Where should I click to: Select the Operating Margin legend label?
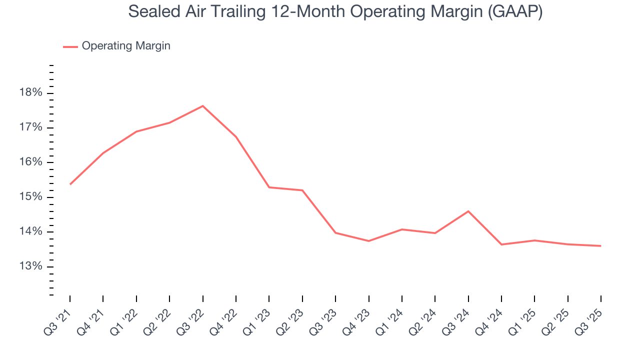tap(126, 46)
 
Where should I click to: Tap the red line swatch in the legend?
tap(70, 46)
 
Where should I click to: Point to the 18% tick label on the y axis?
tap(31, 93)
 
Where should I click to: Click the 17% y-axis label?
tap(31, 128)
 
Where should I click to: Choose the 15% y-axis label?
tap(31, 197)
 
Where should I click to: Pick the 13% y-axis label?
tap(31, 266)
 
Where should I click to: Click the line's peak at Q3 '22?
tap(202, 105)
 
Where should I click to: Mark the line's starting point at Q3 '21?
tap(70, 184)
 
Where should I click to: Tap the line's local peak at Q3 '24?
tap(468, 211)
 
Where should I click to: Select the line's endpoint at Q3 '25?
tap(600, 245)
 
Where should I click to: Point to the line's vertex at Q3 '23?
tap(335, 232)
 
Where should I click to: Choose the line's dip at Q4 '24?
tap(501, 244)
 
